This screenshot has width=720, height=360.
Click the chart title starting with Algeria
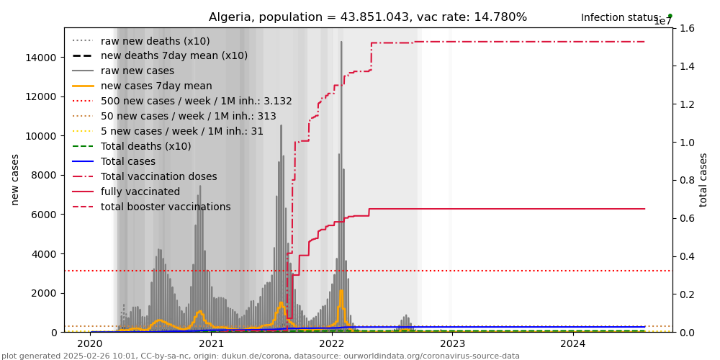[368, 17]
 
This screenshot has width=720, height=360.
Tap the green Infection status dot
[670, 15]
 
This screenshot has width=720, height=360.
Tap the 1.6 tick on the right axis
[686, 28]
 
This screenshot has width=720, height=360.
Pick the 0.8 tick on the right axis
[686, 180]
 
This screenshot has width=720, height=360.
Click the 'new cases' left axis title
[15, 179]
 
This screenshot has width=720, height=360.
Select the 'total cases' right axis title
[703, 179]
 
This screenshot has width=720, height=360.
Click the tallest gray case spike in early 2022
[341, 43]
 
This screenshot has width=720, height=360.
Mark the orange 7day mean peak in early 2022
[341, 291]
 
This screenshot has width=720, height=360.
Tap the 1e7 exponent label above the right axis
[662, 22]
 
